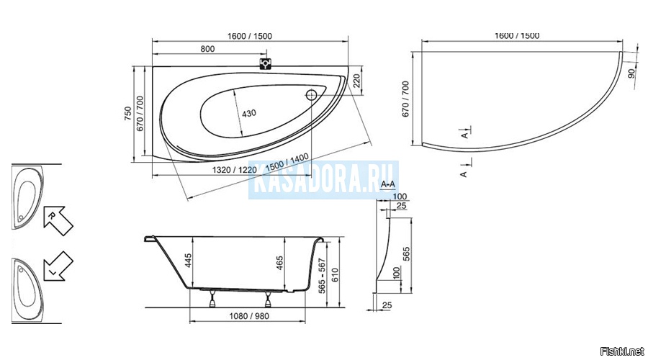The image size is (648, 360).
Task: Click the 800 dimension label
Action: [207, 49]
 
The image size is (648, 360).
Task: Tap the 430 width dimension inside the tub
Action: [249, 113]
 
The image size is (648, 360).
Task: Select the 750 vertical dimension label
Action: [128, 114]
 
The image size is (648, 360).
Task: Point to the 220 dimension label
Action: [356, 81]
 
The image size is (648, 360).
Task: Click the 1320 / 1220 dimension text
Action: [234, 169]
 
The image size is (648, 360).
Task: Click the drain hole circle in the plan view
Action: [312, 96]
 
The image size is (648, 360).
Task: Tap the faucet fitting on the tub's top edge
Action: [265, 63]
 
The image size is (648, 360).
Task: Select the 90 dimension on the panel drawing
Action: [631, 73]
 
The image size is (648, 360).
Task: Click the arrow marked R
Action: [58, 220]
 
